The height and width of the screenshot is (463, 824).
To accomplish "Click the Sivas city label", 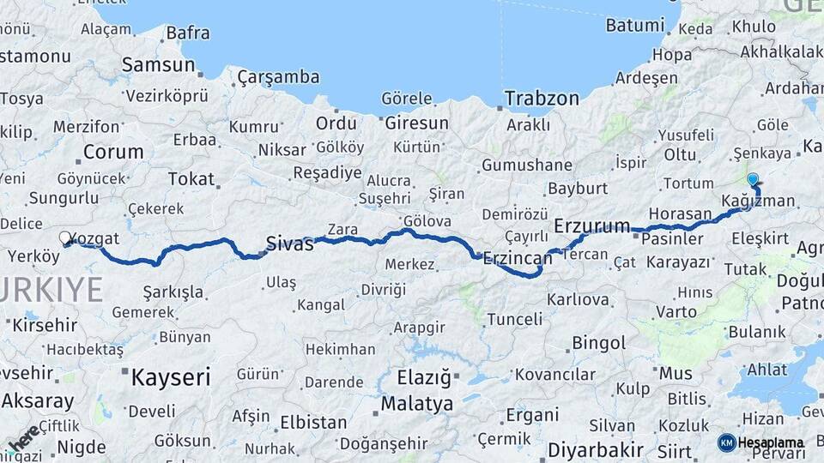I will pyautogui.click(x=290, y=243).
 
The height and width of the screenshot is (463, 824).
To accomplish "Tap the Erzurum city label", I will pyautogui.click(x=592, y=226).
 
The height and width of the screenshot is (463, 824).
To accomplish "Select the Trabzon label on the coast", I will pyautogui.click(x=542, y=98).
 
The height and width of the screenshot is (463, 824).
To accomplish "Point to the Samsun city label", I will pyautogui.click(x=158, y=64).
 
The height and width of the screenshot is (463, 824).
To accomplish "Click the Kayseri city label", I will pyautogui.click(x=171, y=376).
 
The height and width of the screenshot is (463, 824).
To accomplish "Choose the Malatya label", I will pyautogui.click(x=417, y=403).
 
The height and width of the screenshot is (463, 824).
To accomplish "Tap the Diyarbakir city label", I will pyautogui.click(x=596, y=449).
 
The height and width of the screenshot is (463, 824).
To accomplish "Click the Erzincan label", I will pyautogui.click(x=518, y=257).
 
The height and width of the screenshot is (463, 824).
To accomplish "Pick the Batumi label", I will pyautogui.click(x=635, y=25).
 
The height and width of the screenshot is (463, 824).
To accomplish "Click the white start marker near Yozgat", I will pyautogui.click(x=65, y=238).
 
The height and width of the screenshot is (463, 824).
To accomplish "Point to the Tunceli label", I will pyautogui.click(x=514, y=319).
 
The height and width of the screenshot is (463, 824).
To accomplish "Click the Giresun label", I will pyautogui.click(x=416, y=123).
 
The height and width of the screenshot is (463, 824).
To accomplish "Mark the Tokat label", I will pyautogui.click(x=191, y=178).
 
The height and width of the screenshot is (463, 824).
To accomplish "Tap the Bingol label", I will pyautogui.click(x=598, y=343).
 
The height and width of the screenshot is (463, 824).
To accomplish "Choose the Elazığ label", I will pyautogui.click(x=424, y=377).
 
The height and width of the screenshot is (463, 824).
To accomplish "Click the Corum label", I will pyautogui.click(x=113, y=153).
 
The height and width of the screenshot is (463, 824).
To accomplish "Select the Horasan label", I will pyautogui.click(x=681, y=213).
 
